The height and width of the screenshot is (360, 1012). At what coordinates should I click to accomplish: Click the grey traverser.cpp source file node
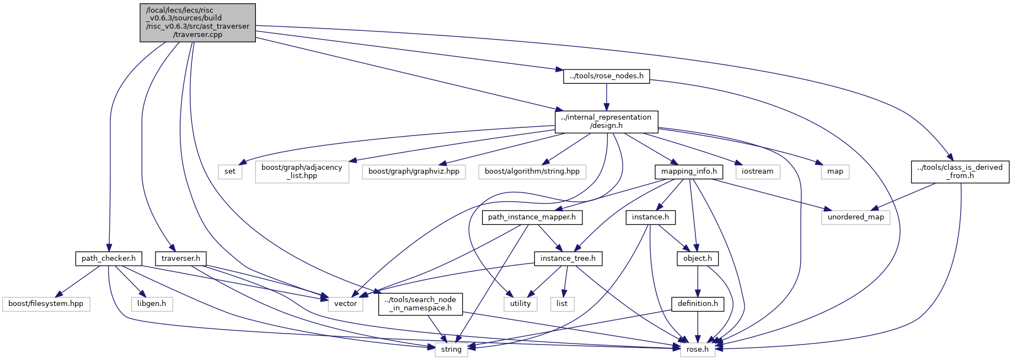coord(197,23)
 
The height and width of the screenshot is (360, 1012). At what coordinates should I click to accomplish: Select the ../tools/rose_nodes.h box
coord(607,76)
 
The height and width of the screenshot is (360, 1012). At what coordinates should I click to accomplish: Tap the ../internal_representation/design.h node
coord(607,121)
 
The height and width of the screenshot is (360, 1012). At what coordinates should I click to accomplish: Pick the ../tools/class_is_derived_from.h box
coord(960,171)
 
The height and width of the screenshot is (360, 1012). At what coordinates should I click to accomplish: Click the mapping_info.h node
coord(689,171)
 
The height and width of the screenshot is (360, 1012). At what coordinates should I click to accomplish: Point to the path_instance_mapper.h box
coord(532,217)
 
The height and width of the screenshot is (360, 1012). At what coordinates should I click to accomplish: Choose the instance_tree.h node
coord(568,259)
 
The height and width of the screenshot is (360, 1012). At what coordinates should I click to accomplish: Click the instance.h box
coord(651,217)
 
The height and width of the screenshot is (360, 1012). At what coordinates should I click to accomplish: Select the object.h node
coord(698,259)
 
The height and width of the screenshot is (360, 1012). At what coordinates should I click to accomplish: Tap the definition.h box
coord(698,304)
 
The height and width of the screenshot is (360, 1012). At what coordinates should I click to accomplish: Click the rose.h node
coord(698,350)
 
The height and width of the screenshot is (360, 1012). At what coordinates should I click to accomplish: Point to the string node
coord(452,350)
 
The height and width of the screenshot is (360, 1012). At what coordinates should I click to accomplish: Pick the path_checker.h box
coord(109,259)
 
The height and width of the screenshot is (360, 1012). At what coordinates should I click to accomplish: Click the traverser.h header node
coord(181,259)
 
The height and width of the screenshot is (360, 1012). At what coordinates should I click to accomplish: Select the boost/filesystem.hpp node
coord(46,304)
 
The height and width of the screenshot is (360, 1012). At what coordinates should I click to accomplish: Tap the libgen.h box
coord(152,304)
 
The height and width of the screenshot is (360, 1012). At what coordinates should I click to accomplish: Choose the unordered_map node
coord(856,217)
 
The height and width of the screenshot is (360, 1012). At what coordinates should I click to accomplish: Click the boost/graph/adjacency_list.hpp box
coord(302,171)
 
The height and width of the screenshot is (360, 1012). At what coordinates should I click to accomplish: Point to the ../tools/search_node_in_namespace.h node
coord(421,304)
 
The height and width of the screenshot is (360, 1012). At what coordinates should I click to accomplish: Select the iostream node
coord(758,171)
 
